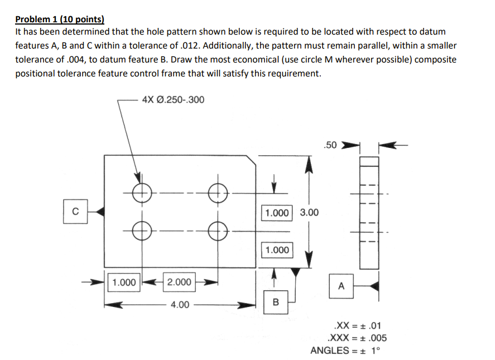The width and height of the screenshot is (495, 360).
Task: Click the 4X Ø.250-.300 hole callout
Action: [173, 100]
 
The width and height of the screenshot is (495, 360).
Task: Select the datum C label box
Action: [75, 212]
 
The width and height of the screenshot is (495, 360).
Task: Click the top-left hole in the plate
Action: [141, 193]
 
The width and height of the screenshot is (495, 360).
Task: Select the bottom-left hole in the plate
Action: [141, 229]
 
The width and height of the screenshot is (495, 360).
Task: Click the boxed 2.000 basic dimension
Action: [179, 282]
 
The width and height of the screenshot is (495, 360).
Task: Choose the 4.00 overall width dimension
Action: [179, 305]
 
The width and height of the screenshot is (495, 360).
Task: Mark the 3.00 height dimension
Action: [310, 213]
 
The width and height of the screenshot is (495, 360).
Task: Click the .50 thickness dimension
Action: [330, 146]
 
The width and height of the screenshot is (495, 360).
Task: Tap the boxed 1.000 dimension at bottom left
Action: [123, 282]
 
